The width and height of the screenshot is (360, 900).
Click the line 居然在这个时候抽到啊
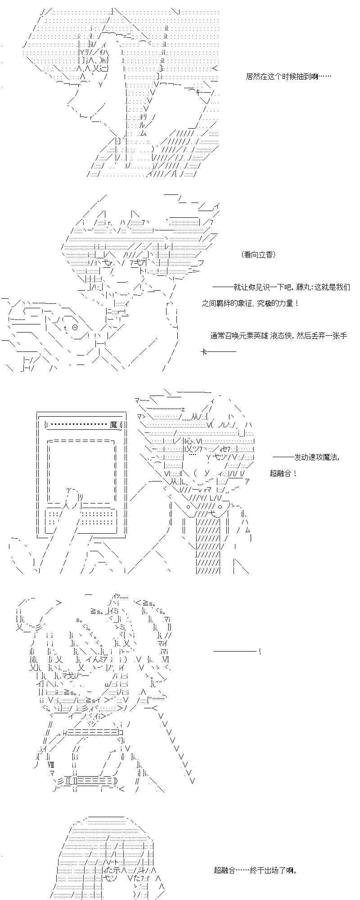288,76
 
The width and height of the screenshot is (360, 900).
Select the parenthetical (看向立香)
258,255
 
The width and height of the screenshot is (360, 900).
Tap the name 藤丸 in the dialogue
303,287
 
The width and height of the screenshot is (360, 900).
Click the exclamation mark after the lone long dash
260,652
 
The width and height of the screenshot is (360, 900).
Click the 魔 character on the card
113,424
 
